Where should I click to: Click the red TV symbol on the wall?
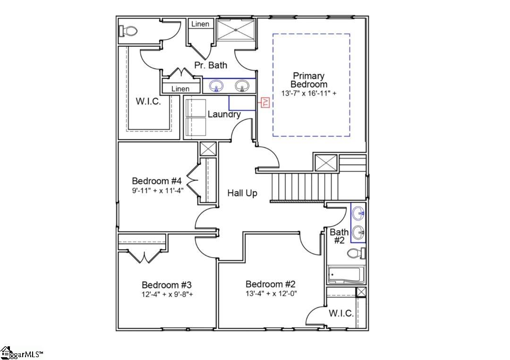pyautogui.click(x=265, y=102)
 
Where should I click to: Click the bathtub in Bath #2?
pyautogui.click(x=345, y=274)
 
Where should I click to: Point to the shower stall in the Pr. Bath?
pyautogui.click(x=235, y=31)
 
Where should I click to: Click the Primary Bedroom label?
pyautogui.click(x=309, y=80)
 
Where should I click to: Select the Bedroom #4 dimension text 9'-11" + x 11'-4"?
pyautogui.click(x=157, y=191)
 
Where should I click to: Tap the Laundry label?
pyautogui.click(x=224, y=114)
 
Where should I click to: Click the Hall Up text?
pyautogui.click(x=242, y=193)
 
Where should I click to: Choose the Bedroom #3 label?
pyautogui.click(x=167, y=285)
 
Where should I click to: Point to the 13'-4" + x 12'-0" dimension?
pyautogui.click(x=271, y=293)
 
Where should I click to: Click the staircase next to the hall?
pyautogui.click(x=305, y=186)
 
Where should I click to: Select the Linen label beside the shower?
pyautogui.click(x=200, y=24)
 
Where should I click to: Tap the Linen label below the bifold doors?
pyautogui.click(x=180, y=89)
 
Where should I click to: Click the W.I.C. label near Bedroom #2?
pyautogui.click(x=341, y=314)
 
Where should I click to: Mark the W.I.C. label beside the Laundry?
pyautogui.click(x=149, y=101)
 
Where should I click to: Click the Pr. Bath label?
pyautogui.click(x=211, y=65)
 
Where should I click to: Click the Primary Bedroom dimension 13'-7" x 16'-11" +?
pyautogui.click(x=309, y=93)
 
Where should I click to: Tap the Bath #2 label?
pyautogui.click(x=339, y=236)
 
